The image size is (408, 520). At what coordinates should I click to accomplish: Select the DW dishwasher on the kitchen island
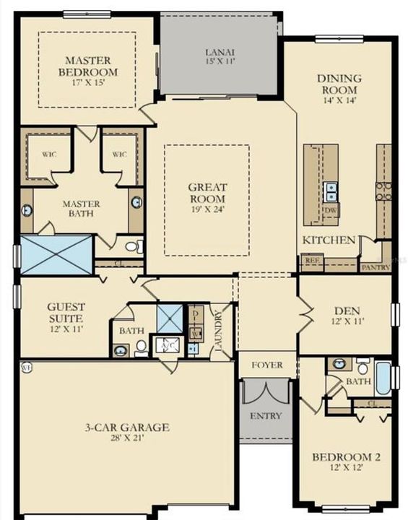(331, 210)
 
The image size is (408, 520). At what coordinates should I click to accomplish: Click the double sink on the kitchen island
(331, 191)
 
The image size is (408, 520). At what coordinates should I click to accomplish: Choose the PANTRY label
(376, 267)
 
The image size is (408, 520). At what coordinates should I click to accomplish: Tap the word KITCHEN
(329, 240)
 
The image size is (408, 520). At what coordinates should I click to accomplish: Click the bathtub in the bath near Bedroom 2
(383, 377)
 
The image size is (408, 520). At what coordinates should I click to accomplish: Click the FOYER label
(267, 365)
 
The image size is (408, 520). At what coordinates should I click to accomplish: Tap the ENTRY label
(266, 416)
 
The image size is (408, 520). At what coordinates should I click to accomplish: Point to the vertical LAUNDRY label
(217, 329)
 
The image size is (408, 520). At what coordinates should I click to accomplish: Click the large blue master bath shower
(56, 254)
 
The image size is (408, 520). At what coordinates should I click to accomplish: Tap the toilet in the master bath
(133, 247)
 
